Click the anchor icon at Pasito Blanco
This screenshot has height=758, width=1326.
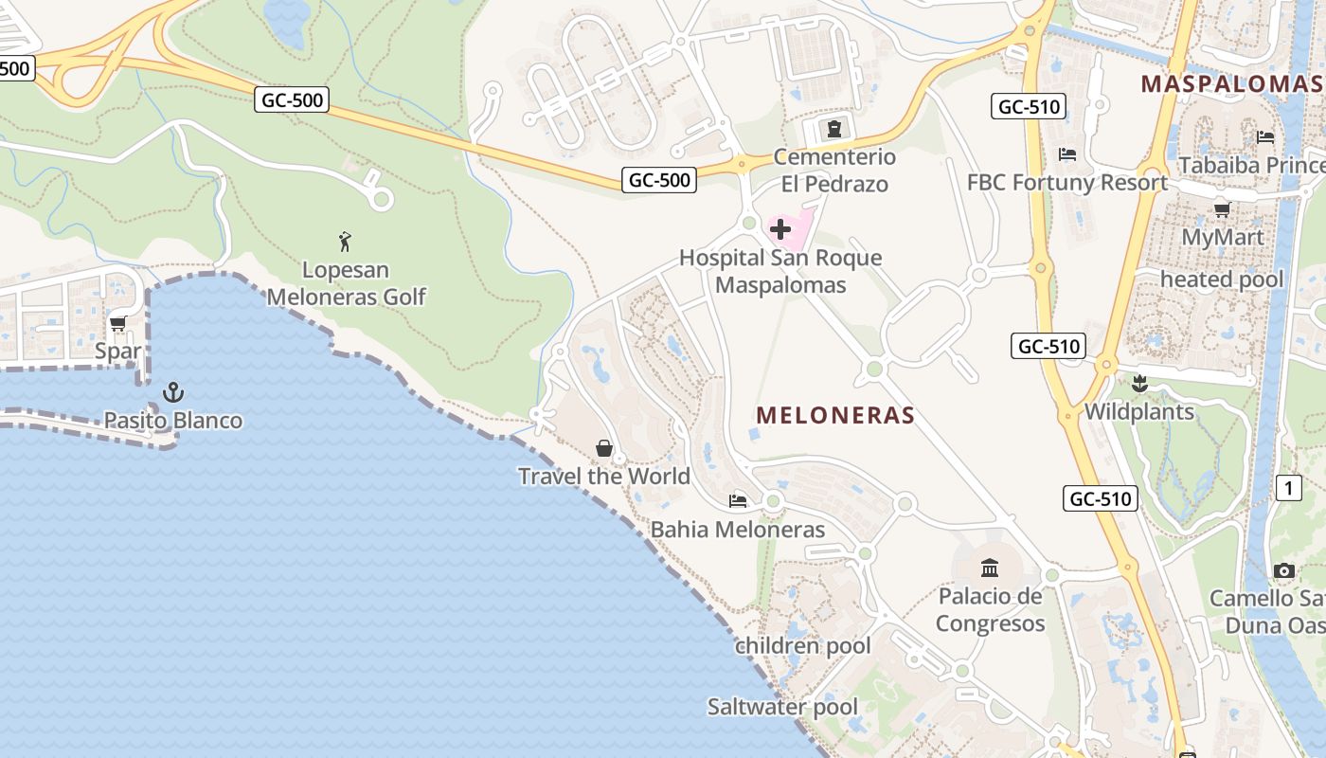tap(172, 392)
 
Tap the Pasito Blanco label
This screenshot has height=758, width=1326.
tap(172, 421)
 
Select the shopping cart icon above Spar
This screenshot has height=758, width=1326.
tap(118, 324)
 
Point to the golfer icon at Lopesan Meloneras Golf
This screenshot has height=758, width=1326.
tap(345, 242)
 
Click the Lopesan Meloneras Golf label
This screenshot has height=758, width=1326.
tap(346, 283)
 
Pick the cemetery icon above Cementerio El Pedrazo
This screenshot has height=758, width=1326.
tap(833, 128)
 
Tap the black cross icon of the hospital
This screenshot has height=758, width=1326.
tap(780, 229)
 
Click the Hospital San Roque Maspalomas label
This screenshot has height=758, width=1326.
tap(780, 271)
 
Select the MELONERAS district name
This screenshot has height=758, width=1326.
tap(835, 415)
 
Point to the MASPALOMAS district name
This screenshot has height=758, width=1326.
tap(1231, 83)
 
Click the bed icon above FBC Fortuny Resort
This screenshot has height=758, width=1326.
tap(1067, 153)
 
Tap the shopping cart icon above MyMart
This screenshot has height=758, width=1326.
tap(1222, 209)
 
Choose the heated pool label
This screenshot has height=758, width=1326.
tap(1222, 280)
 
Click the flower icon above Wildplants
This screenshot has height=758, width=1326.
tap(1139, 384)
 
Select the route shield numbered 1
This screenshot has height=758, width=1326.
tap(1288, 488)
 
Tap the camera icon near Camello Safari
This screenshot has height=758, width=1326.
tap(1283, 570)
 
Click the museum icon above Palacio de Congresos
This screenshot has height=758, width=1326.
tap(990, 568)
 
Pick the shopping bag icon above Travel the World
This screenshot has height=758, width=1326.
tap(604, 447)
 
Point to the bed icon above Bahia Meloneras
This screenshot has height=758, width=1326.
tap(738, 500)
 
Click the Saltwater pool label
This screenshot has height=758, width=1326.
tap(782, 707)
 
